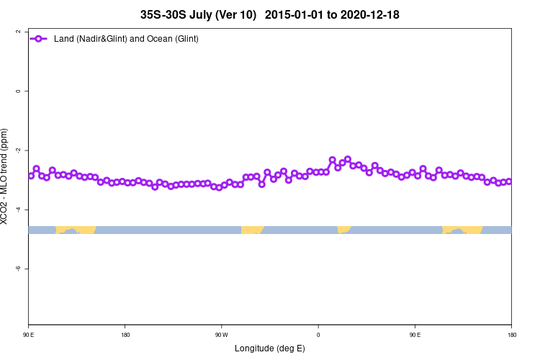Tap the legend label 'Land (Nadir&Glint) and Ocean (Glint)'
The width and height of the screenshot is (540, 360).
126,38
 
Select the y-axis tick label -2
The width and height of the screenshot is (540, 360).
17,150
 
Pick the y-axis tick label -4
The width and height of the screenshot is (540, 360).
17,209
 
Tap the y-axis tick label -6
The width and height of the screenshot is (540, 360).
17,268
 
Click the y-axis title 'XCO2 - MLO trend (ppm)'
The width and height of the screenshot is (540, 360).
6,176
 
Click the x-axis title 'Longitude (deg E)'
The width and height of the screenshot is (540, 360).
270,348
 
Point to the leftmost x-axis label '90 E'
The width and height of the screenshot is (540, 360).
29,335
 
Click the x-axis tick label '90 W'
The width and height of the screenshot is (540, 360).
221,335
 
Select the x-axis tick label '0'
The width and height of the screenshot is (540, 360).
318,335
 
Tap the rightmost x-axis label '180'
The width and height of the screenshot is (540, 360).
510,335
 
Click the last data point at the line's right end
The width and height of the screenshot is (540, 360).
509,181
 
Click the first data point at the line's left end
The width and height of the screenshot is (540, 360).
31,176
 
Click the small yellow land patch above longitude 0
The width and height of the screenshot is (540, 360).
343,230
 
